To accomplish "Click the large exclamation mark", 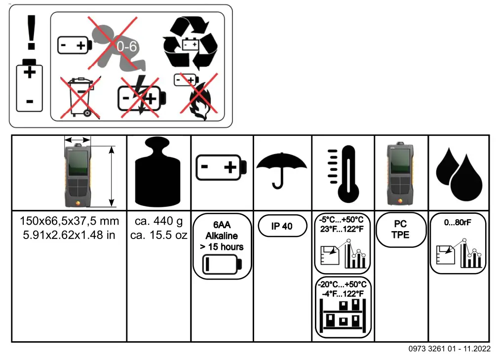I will [32, 32].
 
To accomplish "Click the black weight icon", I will [158, 173].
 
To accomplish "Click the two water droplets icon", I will [459, 173].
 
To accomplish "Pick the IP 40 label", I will [282, 226].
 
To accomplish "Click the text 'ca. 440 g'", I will [158, 221].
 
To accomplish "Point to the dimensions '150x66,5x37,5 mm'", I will [69, 221].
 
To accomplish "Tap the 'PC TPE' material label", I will [400, 230].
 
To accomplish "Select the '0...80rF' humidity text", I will [458, 222].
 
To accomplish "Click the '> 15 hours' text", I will [222, 247].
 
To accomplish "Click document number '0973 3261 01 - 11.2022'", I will [449, 349].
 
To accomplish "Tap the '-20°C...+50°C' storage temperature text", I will [343, 284].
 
